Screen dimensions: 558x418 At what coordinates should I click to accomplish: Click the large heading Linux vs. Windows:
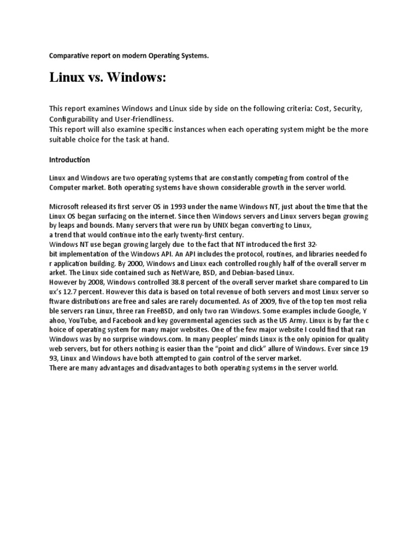[107, 78]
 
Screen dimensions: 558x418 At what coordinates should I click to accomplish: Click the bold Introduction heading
[70, 160]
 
